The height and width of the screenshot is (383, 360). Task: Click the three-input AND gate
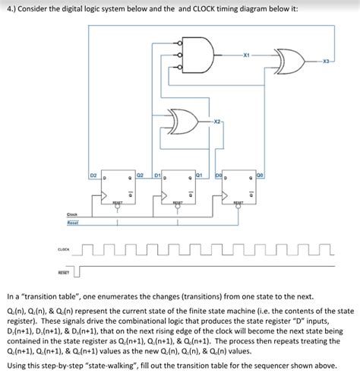(x=200, y=55)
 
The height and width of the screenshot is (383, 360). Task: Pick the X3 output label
(x=327, y=60)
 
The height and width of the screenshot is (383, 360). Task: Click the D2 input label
(x=93, y=176)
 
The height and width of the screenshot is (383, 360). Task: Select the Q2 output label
(x=141, y=175)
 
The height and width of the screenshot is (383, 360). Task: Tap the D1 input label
(x=156, y=176)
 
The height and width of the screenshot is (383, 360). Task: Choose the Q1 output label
(x=198, y=175)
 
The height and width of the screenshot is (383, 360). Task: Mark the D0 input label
(x=218, y=176)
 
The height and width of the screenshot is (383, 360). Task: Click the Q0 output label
(x=261, y=175)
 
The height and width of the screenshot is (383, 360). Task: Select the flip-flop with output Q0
(x=239, y=189)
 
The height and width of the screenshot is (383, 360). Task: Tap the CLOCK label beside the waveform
(x=65, y=248)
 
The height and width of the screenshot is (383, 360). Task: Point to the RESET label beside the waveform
(x=64, y=271)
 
